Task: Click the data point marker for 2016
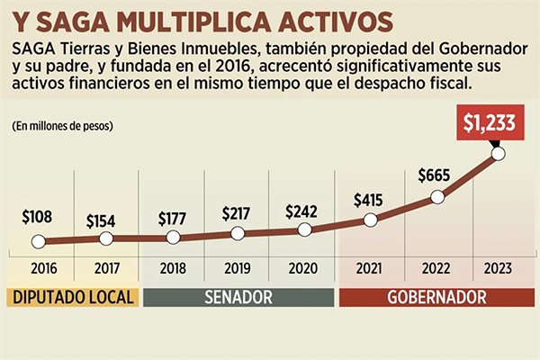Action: coord(38,241)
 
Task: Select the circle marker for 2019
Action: coord(238,233)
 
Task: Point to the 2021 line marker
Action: coord(370,219)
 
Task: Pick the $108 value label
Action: coord(38,218)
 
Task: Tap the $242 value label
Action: coord(303,211)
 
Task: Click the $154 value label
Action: coord(105,219)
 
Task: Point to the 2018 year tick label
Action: coord(172,268)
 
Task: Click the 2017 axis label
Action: coord(105,268)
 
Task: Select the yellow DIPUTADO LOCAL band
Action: coord(72,296)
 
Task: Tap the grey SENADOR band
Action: coord(238,296)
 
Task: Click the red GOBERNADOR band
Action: coord(436,296)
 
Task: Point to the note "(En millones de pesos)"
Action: coord(66,126)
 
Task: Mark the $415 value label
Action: coord(370,198)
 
